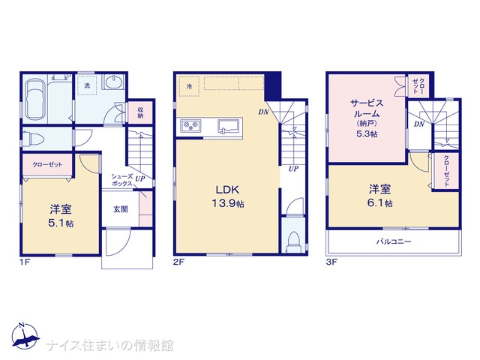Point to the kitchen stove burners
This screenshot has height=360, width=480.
188,126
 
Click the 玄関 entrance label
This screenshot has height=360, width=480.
120,210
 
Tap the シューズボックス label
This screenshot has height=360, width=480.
122,180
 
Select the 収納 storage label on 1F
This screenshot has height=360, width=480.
140,112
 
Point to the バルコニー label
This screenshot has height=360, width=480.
392,242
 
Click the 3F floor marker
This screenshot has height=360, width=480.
332,263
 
